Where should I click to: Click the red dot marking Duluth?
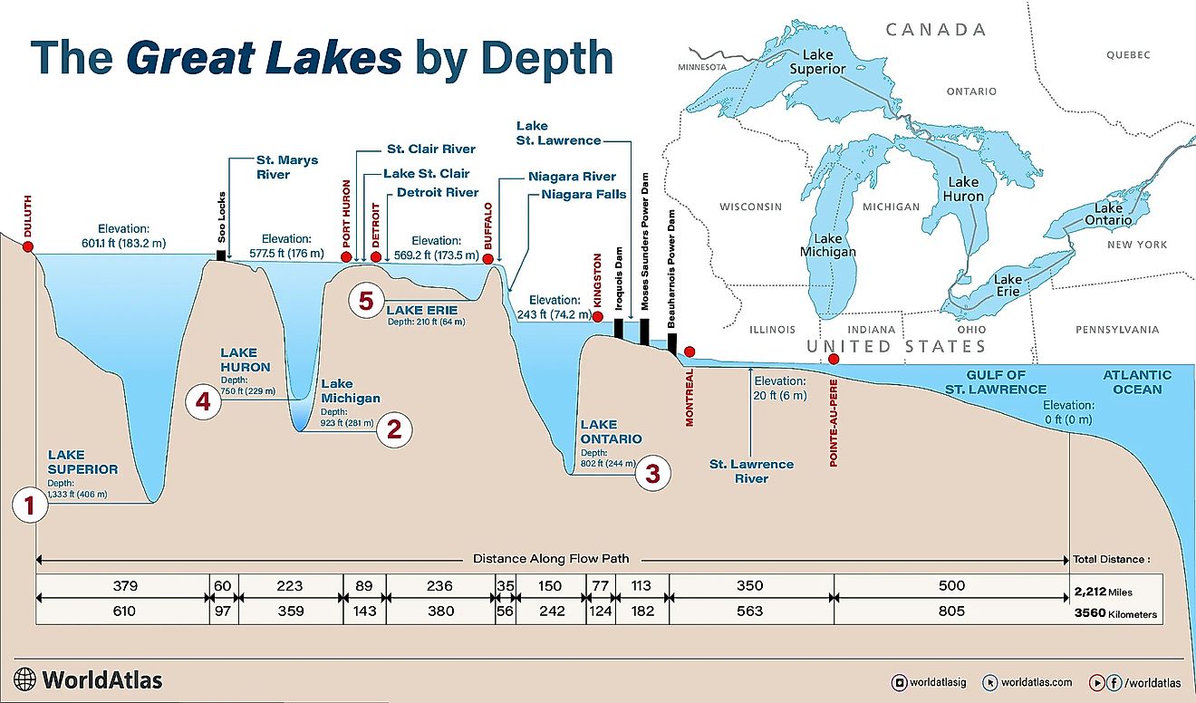click(28, 246)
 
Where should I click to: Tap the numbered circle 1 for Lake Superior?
click(30, 506)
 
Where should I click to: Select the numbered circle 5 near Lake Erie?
click(365, 300)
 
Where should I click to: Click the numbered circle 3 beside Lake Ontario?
click(652, 472)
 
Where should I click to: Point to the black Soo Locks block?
click(221, 255)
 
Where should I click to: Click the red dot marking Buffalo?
click(489, 259)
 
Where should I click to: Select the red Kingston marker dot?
click(597, 316)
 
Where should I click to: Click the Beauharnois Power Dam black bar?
click(672, 343)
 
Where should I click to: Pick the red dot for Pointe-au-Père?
click(834, 360)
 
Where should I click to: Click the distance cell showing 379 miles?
click(123, 585)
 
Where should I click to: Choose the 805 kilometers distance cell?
click(951, 612)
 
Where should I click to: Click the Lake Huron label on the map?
click(962, 189)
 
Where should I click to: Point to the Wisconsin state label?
click(750, 207)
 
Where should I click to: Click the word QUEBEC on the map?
click(1127, 55)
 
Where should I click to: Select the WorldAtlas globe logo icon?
click(25, 679)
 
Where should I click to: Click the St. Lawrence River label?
click(751, 471)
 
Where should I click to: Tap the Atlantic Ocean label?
click(1137, 381)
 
